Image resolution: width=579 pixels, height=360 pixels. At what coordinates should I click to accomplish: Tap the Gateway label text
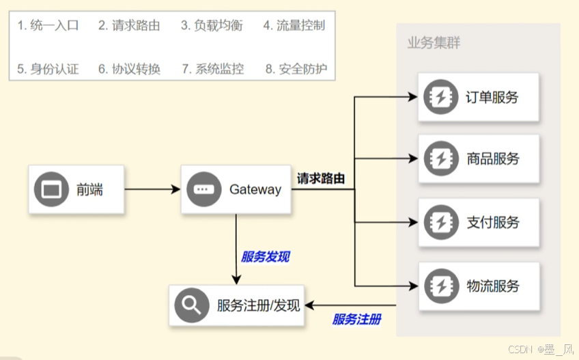click(255, 190)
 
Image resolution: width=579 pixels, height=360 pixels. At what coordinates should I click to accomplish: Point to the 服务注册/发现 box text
click(258, 305)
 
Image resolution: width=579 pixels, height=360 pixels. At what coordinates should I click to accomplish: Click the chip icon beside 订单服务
click(440, 97)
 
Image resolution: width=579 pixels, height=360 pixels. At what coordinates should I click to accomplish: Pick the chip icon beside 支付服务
click(440, 222)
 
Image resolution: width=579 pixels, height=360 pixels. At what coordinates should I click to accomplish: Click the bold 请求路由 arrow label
click(320, 178)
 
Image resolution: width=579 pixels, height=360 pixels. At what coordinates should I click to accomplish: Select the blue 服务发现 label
click(265, 257)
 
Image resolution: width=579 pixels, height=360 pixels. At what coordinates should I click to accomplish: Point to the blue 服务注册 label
click(356, 320)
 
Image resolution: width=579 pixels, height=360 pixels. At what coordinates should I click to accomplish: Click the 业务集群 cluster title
click(433, 43)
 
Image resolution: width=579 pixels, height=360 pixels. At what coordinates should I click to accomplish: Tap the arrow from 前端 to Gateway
click(152, 190)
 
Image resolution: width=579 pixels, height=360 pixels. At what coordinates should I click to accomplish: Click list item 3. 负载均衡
click(212, 26)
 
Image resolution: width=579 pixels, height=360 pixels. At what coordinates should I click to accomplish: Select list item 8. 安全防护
click(296, 68)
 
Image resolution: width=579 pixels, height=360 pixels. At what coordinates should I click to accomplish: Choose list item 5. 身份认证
click(48, 68)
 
